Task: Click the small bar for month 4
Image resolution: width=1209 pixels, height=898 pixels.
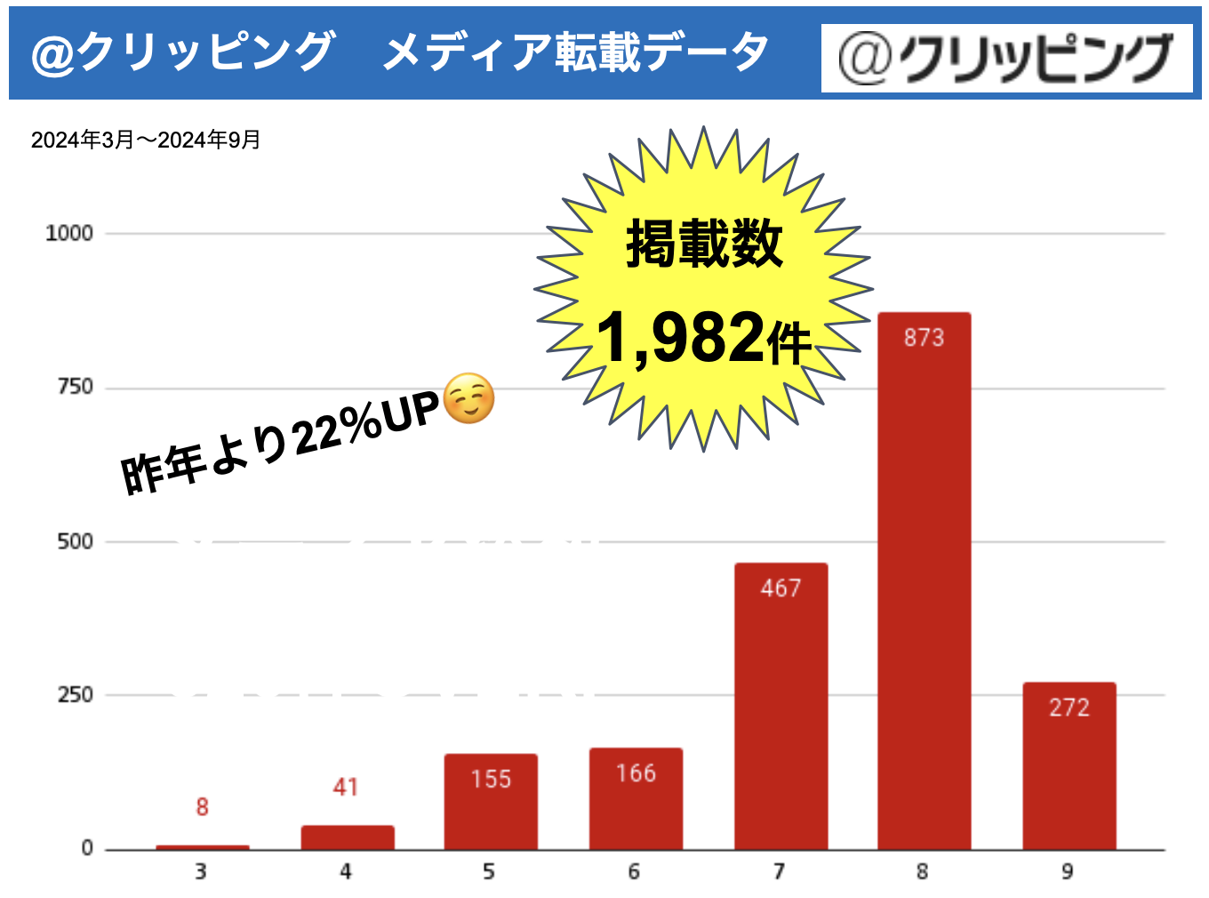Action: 347,838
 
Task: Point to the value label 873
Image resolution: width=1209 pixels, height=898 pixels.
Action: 924,338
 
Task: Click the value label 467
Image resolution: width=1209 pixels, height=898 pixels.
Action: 781,588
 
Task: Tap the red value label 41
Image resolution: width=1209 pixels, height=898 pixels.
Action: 346,787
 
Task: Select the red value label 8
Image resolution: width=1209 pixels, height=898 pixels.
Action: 202,806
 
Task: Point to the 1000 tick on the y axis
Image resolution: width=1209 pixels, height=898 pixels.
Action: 69,233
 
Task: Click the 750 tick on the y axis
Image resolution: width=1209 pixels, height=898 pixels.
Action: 75,387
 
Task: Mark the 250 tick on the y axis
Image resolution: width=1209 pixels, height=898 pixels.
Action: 75,694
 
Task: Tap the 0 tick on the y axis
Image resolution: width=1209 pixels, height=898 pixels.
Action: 87,848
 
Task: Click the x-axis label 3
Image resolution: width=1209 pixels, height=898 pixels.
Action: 201,871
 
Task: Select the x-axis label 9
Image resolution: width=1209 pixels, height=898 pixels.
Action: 1068,871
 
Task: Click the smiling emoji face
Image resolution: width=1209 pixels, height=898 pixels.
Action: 468,398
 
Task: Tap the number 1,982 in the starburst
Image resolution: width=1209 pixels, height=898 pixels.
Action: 680,338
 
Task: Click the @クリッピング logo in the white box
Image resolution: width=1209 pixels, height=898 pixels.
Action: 1006,59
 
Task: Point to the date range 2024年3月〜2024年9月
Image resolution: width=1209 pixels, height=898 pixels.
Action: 146,140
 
